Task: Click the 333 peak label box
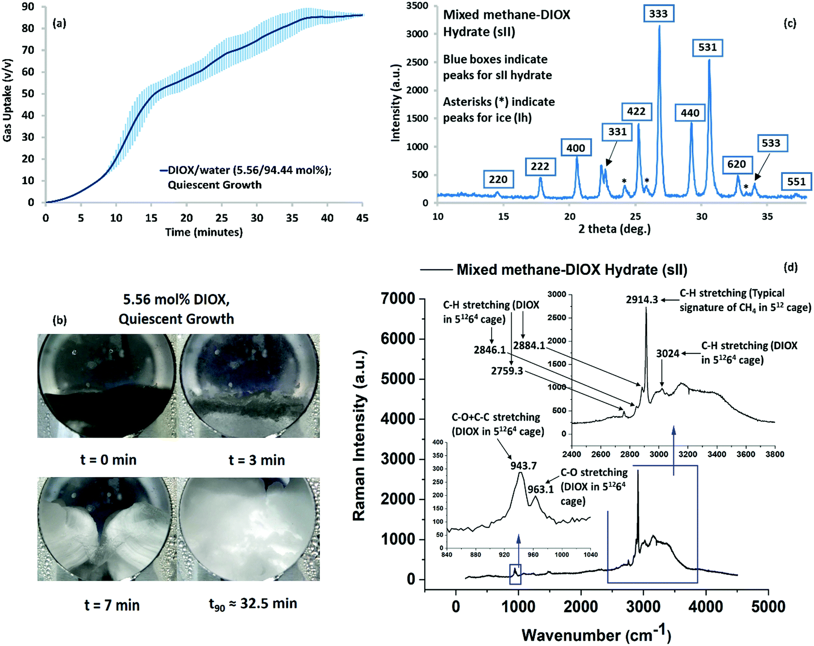658,13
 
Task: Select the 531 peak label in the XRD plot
707,47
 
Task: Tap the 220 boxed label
498,180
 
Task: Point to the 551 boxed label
796,181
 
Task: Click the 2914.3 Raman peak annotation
642,300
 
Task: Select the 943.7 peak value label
523,466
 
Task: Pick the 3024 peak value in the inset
668,353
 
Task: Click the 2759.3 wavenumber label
507,371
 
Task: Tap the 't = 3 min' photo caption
256,460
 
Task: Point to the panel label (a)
59,23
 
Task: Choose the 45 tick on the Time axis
362,218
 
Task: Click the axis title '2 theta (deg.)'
614,229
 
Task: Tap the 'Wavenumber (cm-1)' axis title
596,634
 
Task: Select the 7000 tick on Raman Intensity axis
398,299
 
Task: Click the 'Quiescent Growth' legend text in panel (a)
214,185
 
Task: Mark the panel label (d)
790,267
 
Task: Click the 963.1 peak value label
540,489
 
